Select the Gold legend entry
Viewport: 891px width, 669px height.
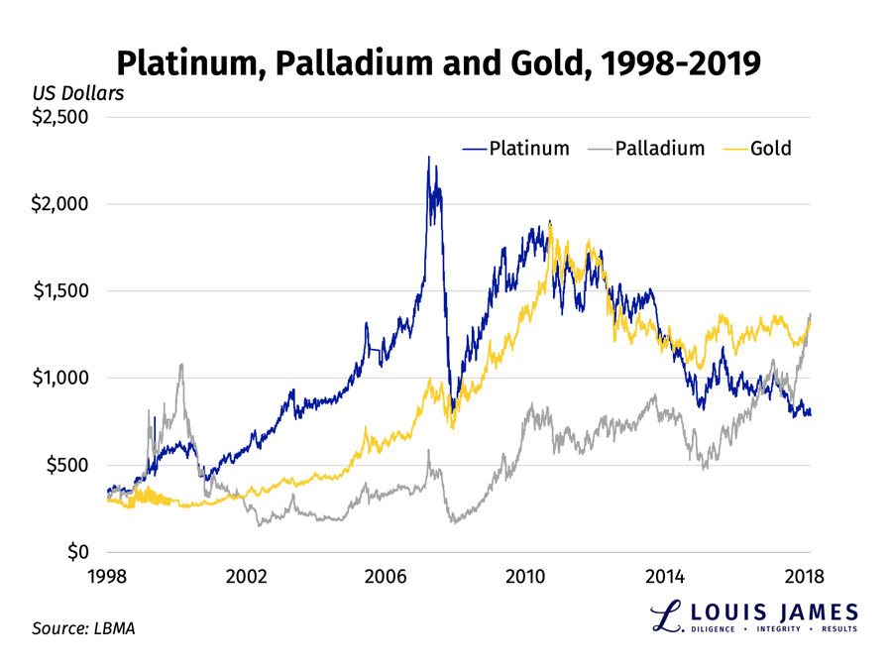[x=771, y=149]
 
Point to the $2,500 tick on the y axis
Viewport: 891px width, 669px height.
[x=59, y=117]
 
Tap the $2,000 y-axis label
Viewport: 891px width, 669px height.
[x=59, y=204]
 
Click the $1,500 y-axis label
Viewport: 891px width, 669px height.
[x=59, y=291]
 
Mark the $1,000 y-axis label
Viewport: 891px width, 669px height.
[x=59, y=378]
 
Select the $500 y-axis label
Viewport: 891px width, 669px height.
[x=67, y=465]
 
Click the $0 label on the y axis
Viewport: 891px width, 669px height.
[x=76, y=552]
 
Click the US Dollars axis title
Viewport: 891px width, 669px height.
[x=78, y=94]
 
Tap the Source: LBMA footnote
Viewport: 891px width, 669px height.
[x=83, y=628]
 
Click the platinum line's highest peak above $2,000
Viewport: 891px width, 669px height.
[x=428, y=158]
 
